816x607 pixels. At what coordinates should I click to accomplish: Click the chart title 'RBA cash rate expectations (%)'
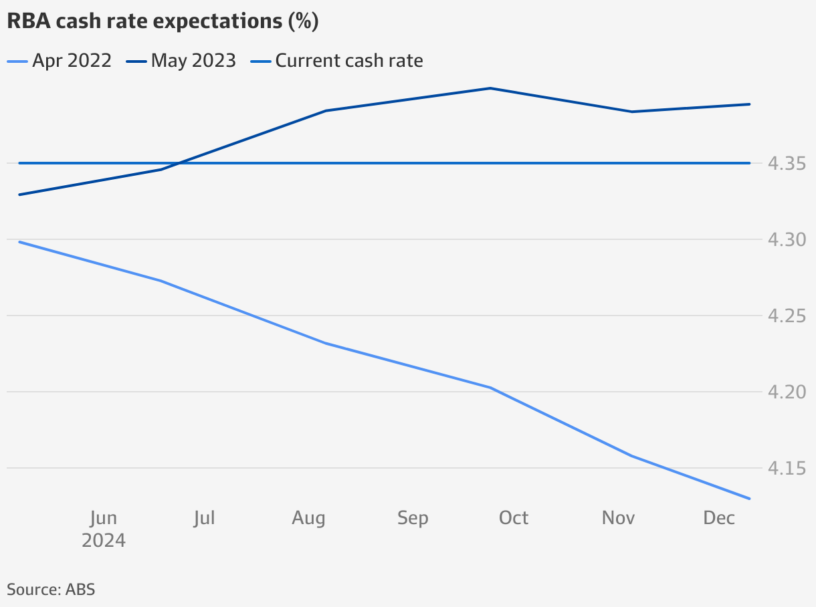163,21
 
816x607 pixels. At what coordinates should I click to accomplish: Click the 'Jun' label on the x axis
103,518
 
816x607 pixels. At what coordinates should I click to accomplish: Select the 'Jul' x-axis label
204,518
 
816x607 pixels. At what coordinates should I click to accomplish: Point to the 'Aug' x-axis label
308,518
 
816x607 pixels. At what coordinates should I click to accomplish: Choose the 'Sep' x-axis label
413,518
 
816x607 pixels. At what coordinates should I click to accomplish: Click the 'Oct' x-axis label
514,518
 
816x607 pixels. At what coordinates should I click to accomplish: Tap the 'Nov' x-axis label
618,518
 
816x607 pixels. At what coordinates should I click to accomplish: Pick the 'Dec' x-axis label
719,518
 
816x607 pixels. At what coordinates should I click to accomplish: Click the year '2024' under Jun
103,540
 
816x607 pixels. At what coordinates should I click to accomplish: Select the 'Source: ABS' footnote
51,589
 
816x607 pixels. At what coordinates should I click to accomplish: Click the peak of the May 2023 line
490,88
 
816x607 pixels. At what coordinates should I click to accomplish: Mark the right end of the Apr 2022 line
750,498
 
